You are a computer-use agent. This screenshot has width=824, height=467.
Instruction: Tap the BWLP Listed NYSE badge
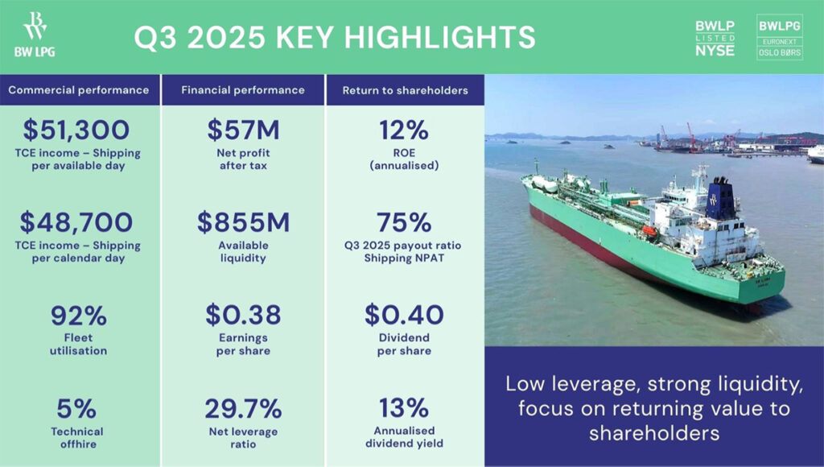coord(715,39)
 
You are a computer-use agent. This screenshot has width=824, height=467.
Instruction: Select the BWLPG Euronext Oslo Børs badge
coord(779,37)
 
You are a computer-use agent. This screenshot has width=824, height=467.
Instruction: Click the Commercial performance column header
coord(79,90)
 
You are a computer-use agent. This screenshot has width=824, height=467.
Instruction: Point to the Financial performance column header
coord(243,90)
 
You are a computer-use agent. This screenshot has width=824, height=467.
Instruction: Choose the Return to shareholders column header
coord(406,90)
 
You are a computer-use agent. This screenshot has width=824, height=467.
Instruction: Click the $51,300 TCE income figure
coord(76,130)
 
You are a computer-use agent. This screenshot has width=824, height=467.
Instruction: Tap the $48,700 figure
coord(76,222)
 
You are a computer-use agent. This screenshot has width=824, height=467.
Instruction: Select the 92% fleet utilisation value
coord(78,316)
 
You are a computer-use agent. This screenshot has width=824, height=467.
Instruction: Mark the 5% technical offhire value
coord(76,409)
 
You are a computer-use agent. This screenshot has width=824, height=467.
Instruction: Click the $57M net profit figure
coord(243,130)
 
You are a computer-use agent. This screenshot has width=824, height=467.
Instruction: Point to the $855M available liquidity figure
coord(243,222)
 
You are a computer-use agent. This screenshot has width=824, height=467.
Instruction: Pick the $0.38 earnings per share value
coord(243,315)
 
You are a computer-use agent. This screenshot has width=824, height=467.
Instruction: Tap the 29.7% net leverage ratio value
coord(243,409)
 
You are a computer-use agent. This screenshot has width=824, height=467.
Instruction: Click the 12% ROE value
coord(404,130)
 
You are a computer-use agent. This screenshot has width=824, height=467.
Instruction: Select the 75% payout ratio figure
coord(404,222)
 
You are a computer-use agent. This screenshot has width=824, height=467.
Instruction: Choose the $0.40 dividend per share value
coord(404,315)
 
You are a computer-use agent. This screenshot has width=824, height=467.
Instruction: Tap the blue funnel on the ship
coord(720,199)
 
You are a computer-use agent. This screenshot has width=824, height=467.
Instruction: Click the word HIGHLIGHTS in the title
coord(439,37)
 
